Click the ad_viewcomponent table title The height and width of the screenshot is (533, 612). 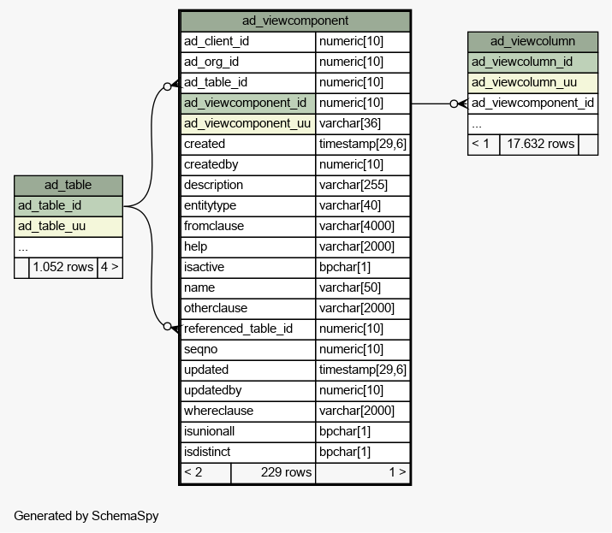pyautogui.click(x=295, y=21)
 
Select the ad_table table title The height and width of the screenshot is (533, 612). pyautogui.click(x=68, y=185)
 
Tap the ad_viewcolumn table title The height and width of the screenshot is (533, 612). pyautogui.click(x=532, y=41)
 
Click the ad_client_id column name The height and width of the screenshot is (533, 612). pyautogui.click(x=217, y=41)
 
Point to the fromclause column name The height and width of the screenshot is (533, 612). pyautogui.click(x=214, y=226)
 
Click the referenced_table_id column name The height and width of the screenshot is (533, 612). pyautogui.click(x=238, y=329)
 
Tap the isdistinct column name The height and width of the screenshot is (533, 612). pyautogui.click(x=207, y=452)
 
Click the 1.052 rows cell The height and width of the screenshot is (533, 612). pyautogui.click(x=62, y=267)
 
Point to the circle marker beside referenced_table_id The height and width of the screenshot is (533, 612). pyautogui.click(x=167, y=326)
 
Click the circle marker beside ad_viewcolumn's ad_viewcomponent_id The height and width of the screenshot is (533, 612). pyautogui.click(x=454, y=104)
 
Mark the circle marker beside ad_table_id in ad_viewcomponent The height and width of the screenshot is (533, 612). pyautogui.click(x=167, y=86)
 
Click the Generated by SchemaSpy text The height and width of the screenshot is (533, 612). pyautogui.click(x=86, y=516)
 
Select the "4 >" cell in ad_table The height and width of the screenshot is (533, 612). pyautogui.click(x=110, y=267)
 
